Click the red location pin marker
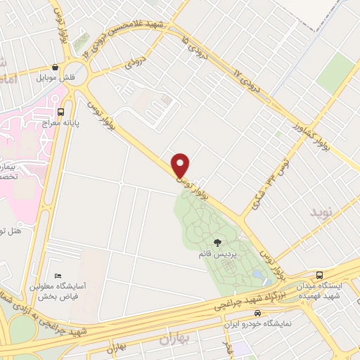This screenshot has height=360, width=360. click(181, 165)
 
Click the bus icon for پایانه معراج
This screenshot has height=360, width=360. click(61, 111)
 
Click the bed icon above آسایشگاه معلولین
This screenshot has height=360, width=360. click(58, 276)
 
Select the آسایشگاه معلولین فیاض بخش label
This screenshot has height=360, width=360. click(58, 291)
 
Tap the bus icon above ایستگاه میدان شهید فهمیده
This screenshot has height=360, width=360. click(320, 275)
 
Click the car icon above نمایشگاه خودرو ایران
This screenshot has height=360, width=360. click(257, 313)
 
